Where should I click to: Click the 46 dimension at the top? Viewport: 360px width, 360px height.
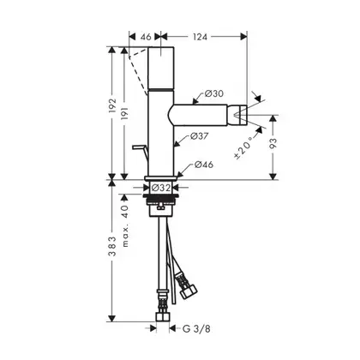click(146, 37)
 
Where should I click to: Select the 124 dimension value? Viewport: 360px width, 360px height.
click(200, 37)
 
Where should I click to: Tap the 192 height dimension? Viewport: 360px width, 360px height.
click(112, 105)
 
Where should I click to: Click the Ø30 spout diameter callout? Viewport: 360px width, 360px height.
click(214, 93)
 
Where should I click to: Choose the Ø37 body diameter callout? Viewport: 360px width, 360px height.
click(200, 136)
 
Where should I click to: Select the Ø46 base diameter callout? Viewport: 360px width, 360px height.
click(204, 165)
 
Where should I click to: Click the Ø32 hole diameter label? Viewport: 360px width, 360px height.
click(161, 188)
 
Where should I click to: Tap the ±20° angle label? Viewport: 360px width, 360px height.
click(243, 147)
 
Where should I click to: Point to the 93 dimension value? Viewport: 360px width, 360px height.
click(273, 143)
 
